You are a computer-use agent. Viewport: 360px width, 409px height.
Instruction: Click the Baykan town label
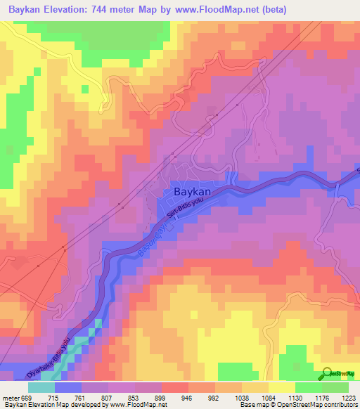coord(192,191)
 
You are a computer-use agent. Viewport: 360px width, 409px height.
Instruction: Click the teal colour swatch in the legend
coord(41,387)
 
